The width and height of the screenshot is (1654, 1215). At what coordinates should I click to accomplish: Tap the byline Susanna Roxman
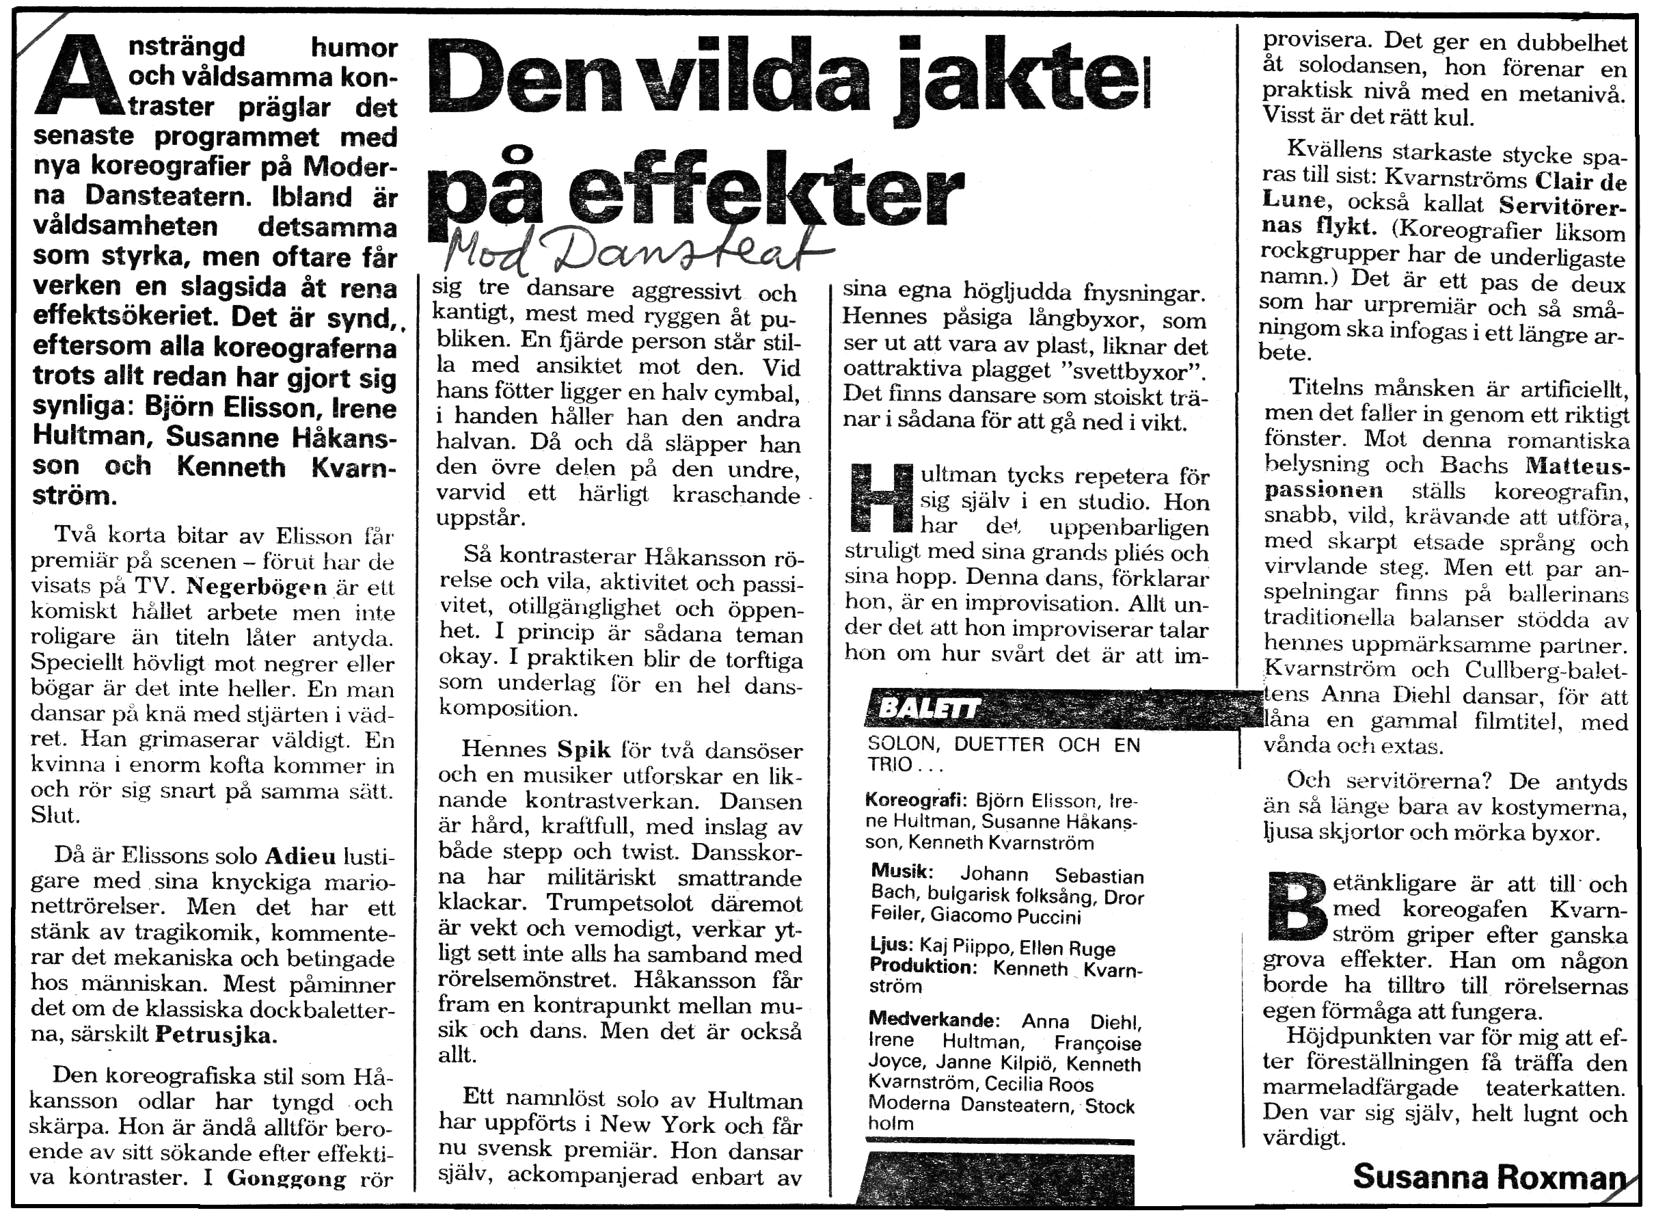1488,1177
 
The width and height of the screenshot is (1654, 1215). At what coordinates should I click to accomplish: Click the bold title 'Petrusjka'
214,1034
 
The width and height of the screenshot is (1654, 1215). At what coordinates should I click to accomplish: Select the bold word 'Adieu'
300,857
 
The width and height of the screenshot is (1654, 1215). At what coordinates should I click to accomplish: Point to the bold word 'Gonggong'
286,1177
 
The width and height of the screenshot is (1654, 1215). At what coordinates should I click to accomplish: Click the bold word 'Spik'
584,749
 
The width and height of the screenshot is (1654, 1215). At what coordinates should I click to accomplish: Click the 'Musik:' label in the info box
902,872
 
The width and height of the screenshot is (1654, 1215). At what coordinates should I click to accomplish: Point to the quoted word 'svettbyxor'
1128,371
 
